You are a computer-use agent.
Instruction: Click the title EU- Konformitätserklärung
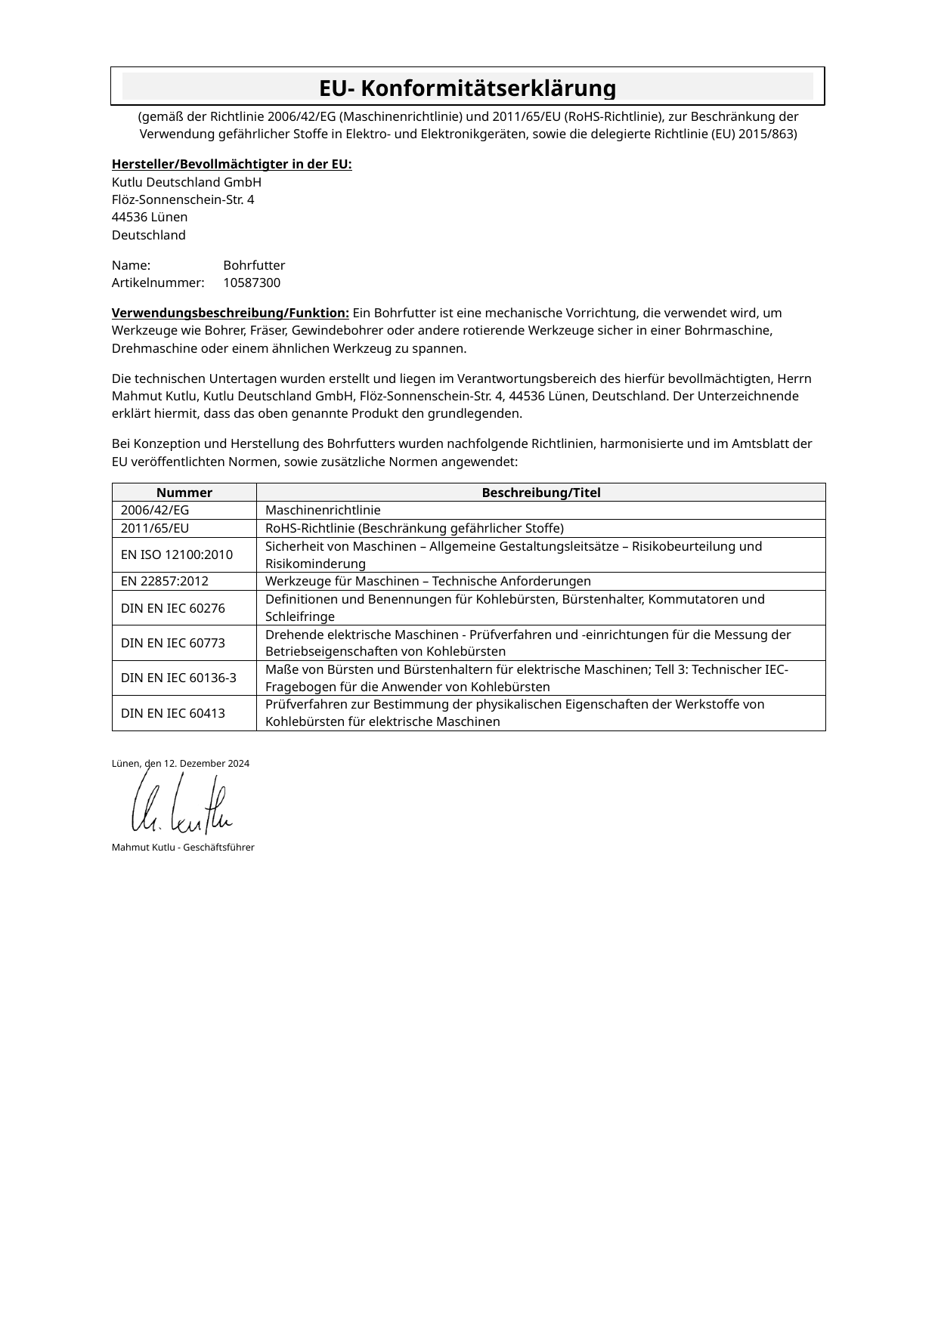(467, 88)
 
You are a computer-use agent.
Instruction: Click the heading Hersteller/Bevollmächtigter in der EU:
(231, 165)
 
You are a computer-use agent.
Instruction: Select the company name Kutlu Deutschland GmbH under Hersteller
(187, 182)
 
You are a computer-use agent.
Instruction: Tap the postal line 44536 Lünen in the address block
(150, 218)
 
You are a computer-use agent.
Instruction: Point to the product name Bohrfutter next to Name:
(254, 266)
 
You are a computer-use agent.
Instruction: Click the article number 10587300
(252, 283)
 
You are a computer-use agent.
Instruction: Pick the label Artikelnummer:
(158, 283)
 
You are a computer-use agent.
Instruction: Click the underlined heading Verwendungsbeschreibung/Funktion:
(230, 313)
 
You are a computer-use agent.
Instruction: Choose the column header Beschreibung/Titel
(540, 493)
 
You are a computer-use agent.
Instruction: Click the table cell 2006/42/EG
(155, 511)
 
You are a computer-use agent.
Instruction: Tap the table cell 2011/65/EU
(155, 528)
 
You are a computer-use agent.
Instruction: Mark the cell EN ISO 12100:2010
(177, 555)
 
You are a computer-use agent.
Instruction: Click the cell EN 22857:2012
(165, 582)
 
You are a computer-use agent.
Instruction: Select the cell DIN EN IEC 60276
(173, 608)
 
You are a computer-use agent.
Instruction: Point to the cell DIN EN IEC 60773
(173, 644)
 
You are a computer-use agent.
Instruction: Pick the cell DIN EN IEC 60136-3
(178, 678)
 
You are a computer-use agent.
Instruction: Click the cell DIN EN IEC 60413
(173, 713)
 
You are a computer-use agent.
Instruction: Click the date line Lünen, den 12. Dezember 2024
(181, 764)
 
